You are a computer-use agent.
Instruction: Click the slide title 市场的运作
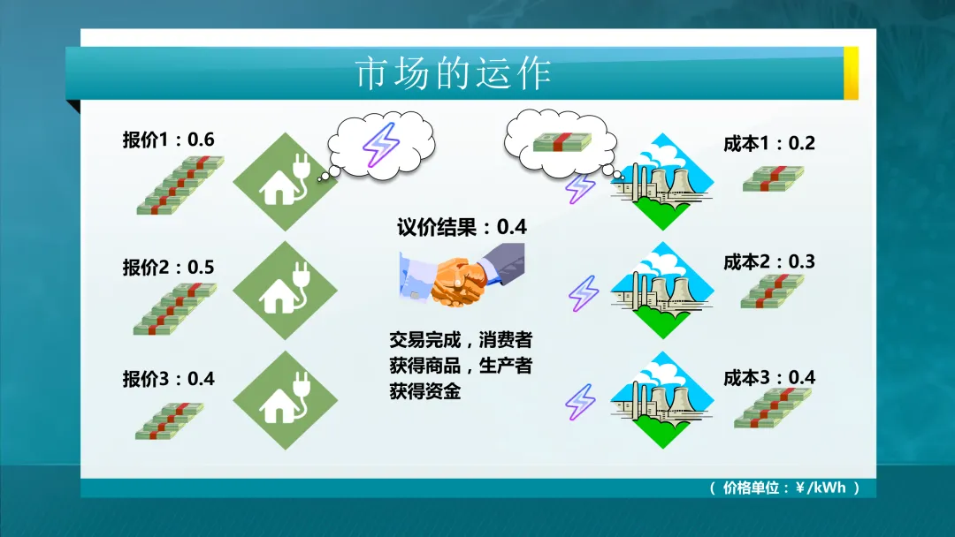(453, 73)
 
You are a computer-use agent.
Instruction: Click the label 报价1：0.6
(168, 140)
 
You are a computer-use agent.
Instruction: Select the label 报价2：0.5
(168, 268)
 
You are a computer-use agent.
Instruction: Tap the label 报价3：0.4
(168, 379)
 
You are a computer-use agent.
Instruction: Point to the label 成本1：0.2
(768, 144)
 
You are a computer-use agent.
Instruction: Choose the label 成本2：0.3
(768, 261)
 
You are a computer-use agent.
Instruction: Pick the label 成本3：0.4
(768, 377)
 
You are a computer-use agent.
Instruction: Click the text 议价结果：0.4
(462, 227)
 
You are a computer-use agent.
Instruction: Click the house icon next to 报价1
(286, 181)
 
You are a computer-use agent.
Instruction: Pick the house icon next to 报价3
(286, 400)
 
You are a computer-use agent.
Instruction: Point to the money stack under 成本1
(774, 178)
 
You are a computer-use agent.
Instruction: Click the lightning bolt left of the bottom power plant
(581, 401)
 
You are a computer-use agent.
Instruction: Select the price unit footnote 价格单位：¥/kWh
(783, 488)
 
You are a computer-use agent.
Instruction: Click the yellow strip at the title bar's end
(851, 73)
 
